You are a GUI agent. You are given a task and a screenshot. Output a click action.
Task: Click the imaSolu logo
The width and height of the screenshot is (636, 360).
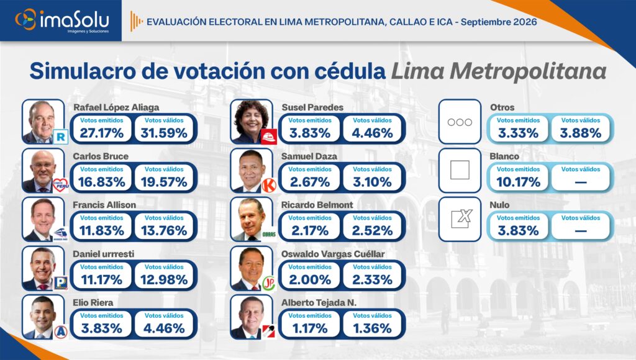click(62, 20)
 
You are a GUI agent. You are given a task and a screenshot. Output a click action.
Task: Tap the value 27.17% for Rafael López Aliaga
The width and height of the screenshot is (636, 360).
click(101, 133)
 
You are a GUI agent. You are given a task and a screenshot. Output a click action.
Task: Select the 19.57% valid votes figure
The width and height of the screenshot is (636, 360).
click(164, 182)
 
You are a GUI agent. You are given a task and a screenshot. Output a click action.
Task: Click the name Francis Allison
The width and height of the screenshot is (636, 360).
click(104, 205)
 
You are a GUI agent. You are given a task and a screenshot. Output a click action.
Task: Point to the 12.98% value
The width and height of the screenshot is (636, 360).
click(164, 280)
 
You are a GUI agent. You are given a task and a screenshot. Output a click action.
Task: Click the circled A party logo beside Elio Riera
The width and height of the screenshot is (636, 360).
click(60, 331)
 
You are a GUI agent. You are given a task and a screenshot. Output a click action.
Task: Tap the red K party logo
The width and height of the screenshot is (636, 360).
click(268, 185)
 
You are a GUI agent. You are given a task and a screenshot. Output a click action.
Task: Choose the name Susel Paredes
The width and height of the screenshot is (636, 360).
click(312, 107)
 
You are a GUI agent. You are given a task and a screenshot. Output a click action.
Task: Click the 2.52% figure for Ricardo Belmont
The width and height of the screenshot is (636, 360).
click(373, 231)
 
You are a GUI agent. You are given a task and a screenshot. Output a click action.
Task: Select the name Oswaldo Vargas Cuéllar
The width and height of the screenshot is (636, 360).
click(333, 254)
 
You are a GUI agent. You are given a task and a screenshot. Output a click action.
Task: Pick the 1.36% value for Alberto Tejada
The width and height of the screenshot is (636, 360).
click(373, 328)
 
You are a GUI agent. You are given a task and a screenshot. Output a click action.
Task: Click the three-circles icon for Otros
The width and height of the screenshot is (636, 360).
click(460, 122)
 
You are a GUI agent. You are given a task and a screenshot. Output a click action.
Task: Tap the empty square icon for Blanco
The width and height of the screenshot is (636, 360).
click(460, 170)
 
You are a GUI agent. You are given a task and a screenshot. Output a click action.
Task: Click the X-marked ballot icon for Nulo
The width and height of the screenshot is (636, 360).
click(461, 218)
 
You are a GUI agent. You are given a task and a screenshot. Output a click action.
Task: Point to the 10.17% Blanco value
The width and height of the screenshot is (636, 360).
click(519, 182)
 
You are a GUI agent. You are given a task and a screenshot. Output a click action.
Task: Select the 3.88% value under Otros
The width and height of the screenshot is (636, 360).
click(581, 133)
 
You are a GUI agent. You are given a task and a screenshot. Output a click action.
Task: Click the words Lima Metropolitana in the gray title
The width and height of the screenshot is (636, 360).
click(499, 71)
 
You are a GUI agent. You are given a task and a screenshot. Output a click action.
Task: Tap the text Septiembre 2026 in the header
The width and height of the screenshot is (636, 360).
click(499, 22)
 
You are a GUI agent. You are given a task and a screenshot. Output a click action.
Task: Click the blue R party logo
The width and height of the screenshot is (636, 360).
click(60, 137)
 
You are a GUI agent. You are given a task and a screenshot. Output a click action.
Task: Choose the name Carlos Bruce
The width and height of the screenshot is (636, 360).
click(101, 156)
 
